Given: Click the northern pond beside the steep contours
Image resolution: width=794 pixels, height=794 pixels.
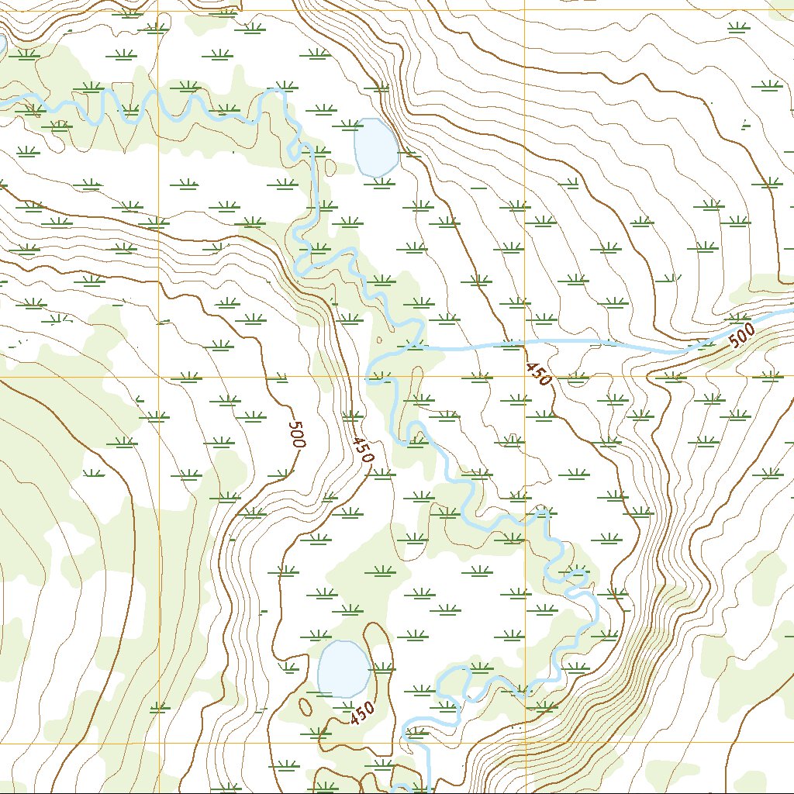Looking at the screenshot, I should point(376,147).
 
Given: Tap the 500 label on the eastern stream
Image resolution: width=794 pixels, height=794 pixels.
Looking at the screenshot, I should point(741,336).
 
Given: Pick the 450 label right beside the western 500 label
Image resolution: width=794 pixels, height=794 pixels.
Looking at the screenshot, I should point(362,450).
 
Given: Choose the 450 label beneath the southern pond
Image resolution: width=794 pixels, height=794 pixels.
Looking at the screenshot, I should point(361,713).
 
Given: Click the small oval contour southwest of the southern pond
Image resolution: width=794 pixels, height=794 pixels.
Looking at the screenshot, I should point(306,706).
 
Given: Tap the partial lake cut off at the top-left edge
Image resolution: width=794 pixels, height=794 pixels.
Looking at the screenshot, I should point(2,44).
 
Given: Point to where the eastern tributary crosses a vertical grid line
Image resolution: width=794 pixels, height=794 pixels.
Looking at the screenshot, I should point(524,342).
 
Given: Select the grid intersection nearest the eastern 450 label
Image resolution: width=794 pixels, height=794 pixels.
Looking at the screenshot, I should point(524,378).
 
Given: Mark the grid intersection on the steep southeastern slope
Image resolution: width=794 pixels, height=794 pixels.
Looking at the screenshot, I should point(524,743).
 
